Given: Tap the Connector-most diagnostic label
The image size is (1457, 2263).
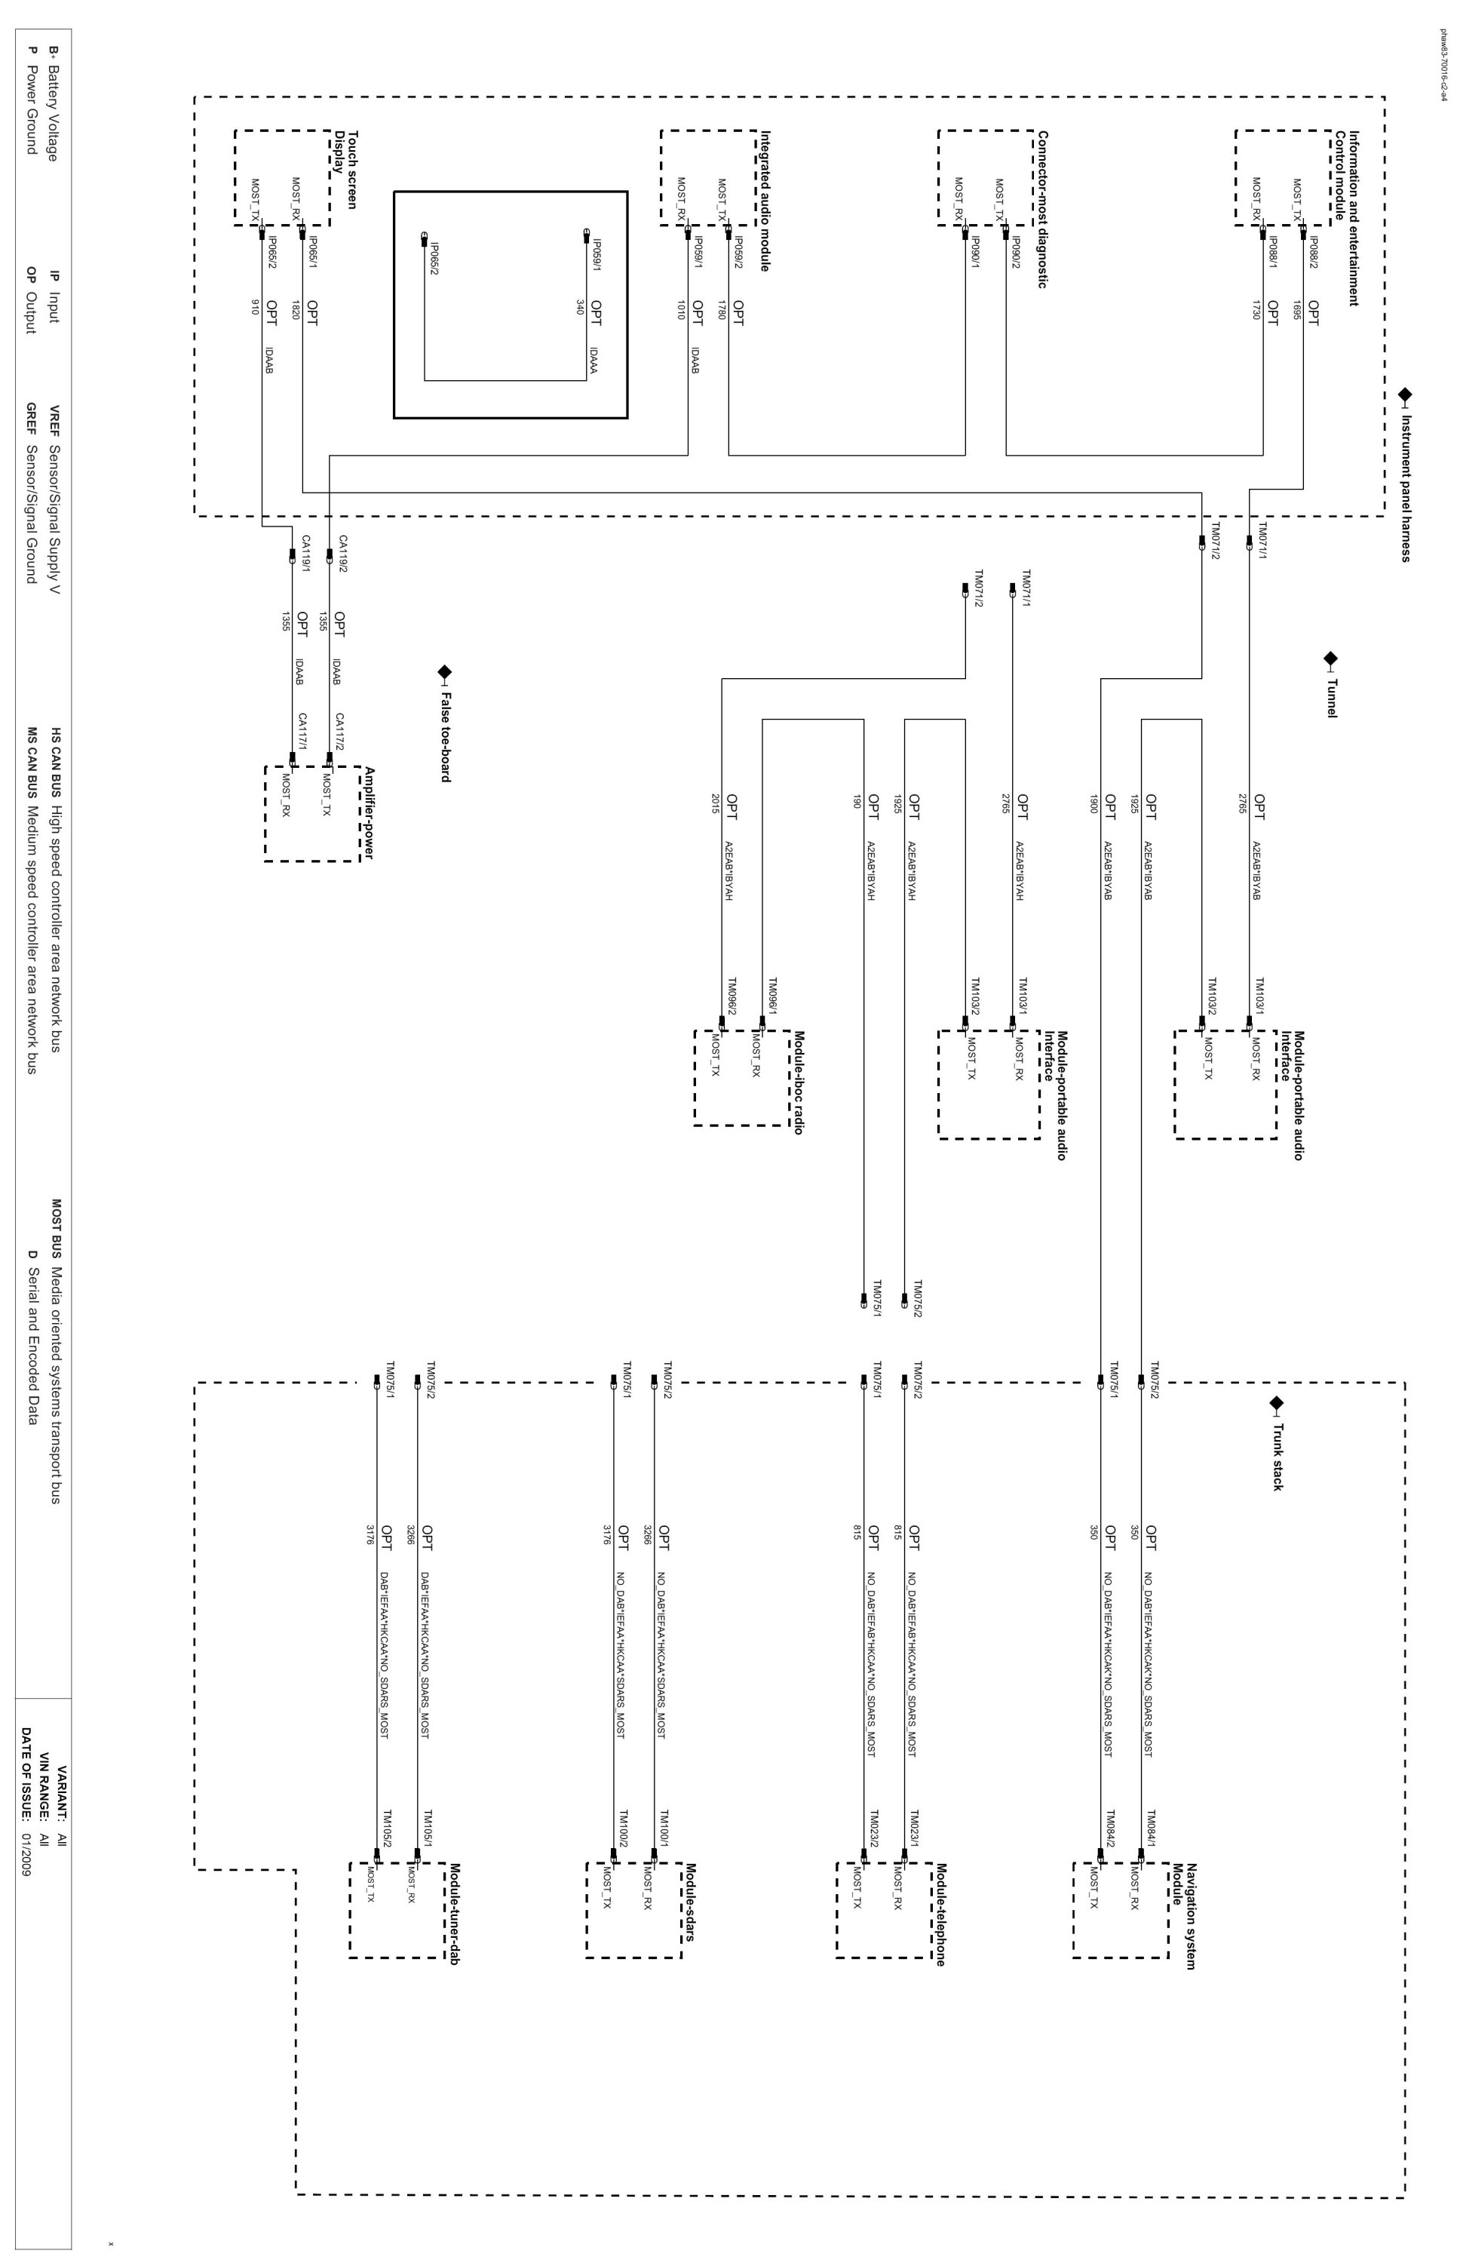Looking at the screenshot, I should coord(1044,208).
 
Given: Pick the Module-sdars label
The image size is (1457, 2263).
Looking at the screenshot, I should coord(691,1902).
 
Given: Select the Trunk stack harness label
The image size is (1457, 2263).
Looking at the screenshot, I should coord(1278,1457).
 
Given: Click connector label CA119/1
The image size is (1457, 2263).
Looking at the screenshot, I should coord(305,554).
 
